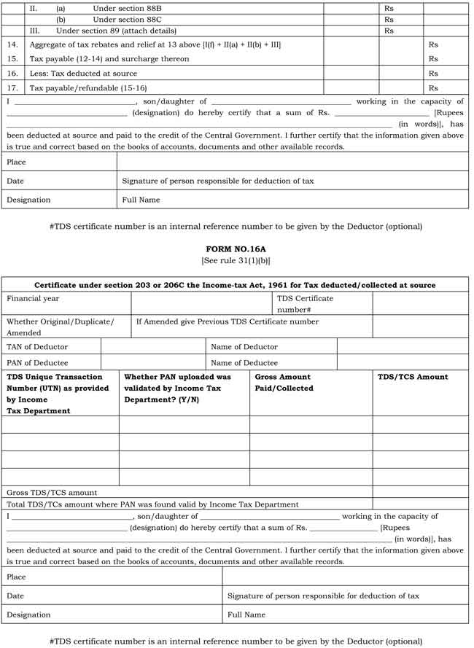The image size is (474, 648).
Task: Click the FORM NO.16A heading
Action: (x=236, y=248)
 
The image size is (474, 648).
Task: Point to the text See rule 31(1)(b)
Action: (x=236, y=259)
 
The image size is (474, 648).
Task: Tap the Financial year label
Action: (x=33, y=298)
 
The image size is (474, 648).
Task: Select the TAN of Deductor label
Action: (x=37, y=346)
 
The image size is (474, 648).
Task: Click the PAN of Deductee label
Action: (x=37, y=362)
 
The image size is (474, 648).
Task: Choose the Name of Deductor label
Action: (x=244, y=346)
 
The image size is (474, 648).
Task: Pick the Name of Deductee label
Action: (x=244, y=362)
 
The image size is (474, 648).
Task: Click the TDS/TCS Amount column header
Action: (x=413, y=377)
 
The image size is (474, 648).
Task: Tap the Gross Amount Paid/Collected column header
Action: (x=283, y=383)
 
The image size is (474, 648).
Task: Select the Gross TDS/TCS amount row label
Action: (x=52, y=493)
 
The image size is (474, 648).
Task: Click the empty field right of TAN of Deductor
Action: (x=152, y=346)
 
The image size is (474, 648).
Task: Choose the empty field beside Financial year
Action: (x=202, y=303)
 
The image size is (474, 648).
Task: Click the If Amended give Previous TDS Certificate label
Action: (x=228, y=321)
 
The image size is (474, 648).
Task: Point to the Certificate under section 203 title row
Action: (x=236, y=285)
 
